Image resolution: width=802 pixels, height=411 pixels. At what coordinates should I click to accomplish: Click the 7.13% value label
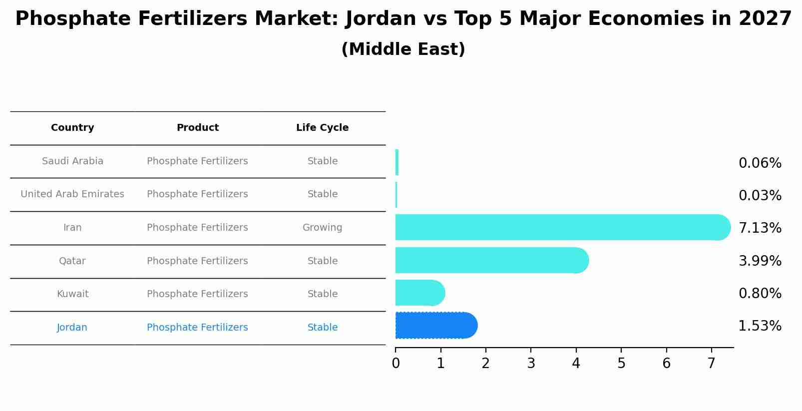(x=760, y=228)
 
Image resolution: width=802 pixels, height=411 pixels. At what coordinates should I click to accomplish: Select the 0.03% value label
(x=760, y=196)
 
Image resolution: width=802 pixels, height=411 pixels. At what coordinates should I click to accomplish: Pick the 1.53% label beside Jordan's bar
(x=760, y=326)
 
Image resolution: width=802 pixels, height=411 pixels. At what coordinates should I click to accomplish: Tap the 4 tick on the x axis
(x=576, y=364)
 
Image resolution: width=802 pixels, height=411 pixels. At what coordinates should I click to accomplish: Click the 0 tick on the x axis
(x=396, y=364)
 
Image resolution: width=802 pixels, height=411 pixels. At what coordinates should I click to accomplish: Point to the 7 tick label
(x=711, y=364)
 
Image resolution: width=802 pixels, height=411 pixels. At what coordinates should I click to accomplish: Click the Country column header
(x=72, y=128)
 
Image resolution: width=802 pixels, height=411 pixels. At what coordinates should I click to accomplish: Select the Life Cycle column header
(x=322, y=128)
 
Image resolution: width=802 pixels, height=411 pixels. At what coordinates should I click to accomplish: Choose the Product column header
(x=197, y=128)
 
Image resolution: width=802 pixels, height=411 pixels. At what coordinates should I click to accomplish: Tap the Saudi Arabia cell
(x=72, y=161)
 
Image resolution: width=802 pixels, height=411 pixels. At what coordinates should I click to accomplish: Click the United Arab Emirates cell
(x=72, y=194)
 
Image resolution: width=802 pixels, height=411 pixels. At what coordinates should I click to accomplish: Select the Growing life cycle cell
(x=322, y=228)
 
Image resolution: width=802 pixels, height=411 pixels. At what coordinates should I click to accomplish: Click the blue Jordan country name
(x=72, y=328)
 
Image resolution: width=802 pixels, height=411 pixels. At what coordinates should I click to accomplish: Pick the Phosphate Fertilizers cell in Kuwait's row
(x=197, y=294)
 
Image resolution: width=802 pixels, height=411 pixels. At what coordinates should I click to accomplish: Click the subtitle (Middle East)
(x=403, y=49)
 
